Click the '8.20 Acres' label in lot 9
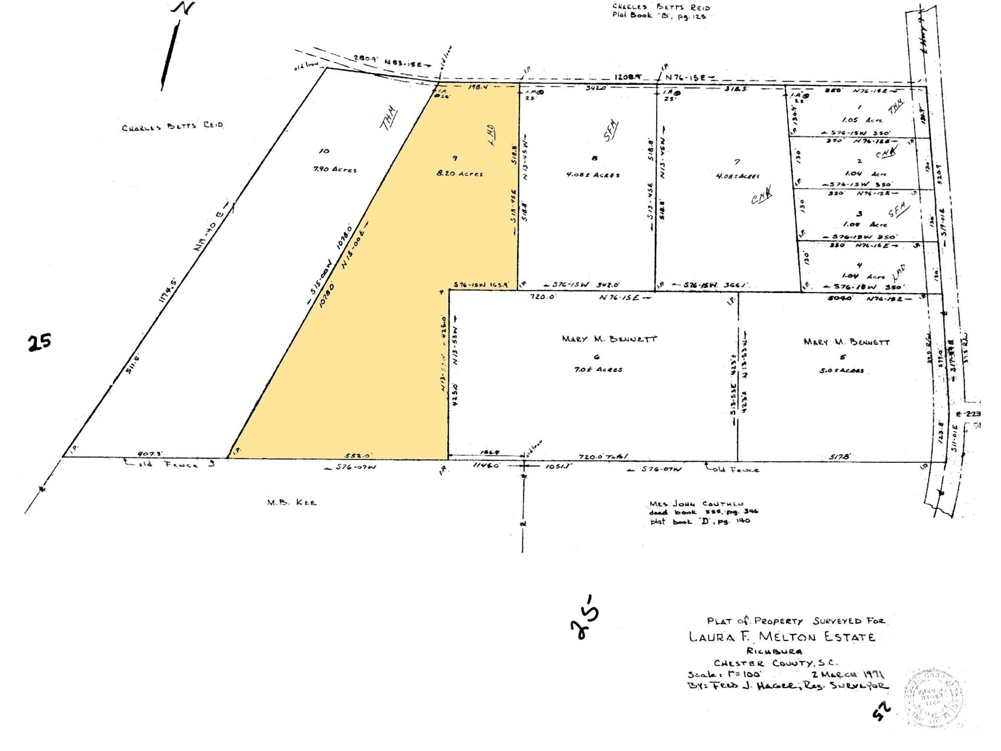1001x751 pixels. click(460, 174)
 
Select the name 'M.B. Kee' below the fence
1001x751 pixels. click(291, 502)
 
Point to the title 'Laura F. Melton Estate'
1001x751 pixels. click(781, 637)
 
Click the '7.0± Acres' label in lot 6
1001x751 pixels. click(598, 370)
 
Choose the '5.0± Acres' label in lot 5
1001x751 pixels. click(841, 370)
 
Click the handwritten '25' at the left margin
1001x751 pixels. click(39, 342)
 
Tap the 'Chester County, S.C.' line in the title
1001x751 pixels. click(775, 663)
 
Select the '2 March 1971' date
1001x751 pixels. click(844, 674)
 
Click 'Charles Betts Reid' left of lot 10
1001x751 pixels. click(172, 127)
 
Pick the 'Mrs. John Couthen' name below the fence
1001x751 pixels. click(696, 504)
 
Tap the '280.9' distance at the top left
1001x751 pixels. click(363, 59)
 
